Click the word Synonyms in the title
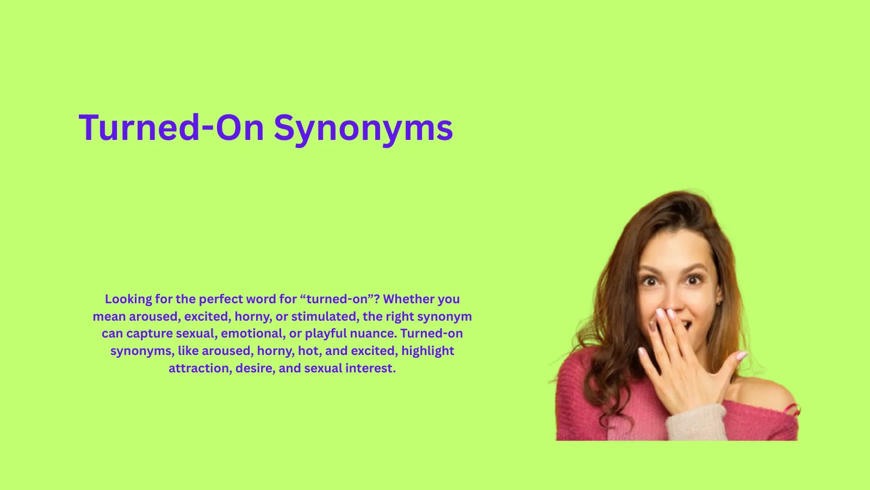pyautogui.click(x=363, y=128)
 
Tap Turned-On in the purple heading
pyautogui.click(x=171, y=128)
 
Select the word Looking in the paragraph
pyautogui.click(x=128, y=299)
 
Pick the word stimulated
pyautogui.click(x=324, y=316)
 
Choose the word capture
pyautogui.click(x=150, y=333)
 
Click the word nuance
pyautogui.click(x=374, y=333)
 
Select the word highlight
pyautogui.click(x=428, y=351)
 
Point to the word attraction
pyautogui.click(x=200, y=368)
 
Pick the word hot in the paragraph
pyautogui.click(x=308, y=351)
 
